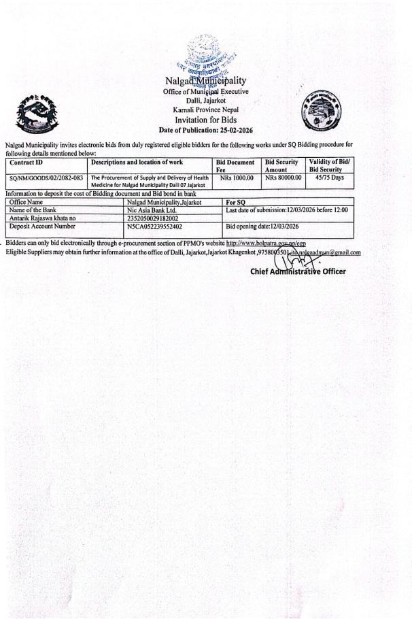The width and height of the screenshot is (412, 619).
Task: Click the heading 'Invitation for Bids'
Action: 205,120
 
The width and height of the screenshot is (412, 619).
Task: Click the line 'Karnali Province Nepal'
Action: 205,110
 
